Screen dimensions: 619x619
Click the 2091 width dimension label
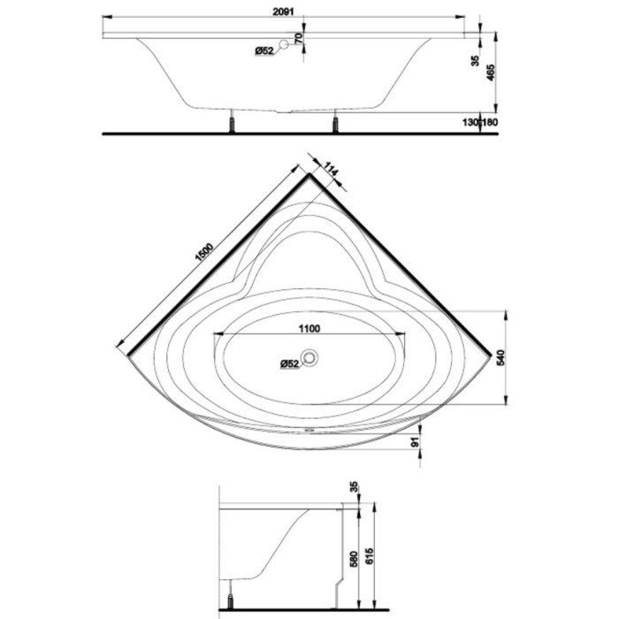tap(284, 11)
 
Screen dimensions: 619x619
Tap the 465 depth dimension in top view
tap(490, 73)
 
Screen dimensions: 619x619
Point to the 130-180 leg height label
tap(480, 122)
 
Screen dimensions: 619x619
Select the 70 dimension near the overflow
tap(299, 38)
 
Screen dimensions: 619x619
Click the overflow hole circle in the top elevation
tap(284, 44)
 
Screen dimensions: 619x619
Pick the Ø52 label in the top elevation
tap(264, 51)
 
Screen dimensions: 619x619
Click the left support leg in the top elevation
tap(232, 122)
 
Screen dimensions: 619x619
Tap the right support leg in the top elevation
tap(335, 122)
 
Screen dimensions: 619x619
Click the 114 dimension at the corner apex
tap(331, 170)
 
